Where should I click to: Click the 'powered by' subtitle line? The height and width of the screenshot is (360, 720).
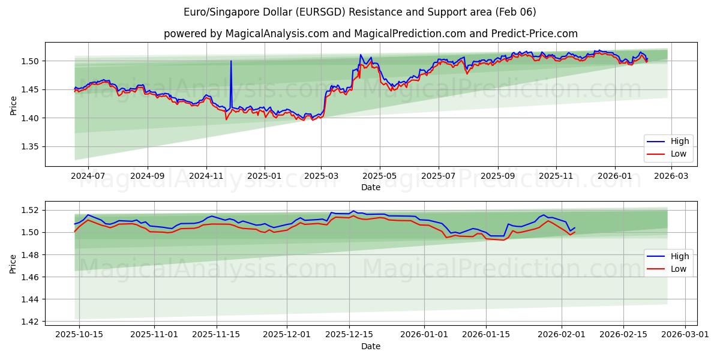[x=370, y=34]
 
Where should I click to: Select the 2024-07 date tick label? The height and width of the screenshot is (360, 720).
[x=88, y=176]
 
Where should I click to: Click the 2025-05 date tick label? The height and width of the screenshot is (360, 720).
[x=380, y=176]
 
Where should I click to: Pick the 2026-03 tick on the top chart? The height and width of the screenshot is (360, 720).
[x=671, y=176]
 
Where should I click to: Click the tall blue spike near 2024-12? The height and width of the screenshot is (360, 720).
[x=231, y=61]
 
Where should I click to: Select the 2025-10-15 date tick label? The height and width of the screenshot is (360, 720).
[x=79, y=334]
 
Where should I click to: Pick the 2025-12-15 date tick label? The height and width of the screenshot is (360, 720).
[x=349, y=334]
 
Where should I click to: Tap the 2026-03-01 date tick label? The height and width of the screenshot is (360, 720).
[x=686, y=334]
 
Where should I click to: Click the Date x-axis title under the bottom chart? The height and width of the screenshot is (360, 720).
[x=370, y=346]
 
